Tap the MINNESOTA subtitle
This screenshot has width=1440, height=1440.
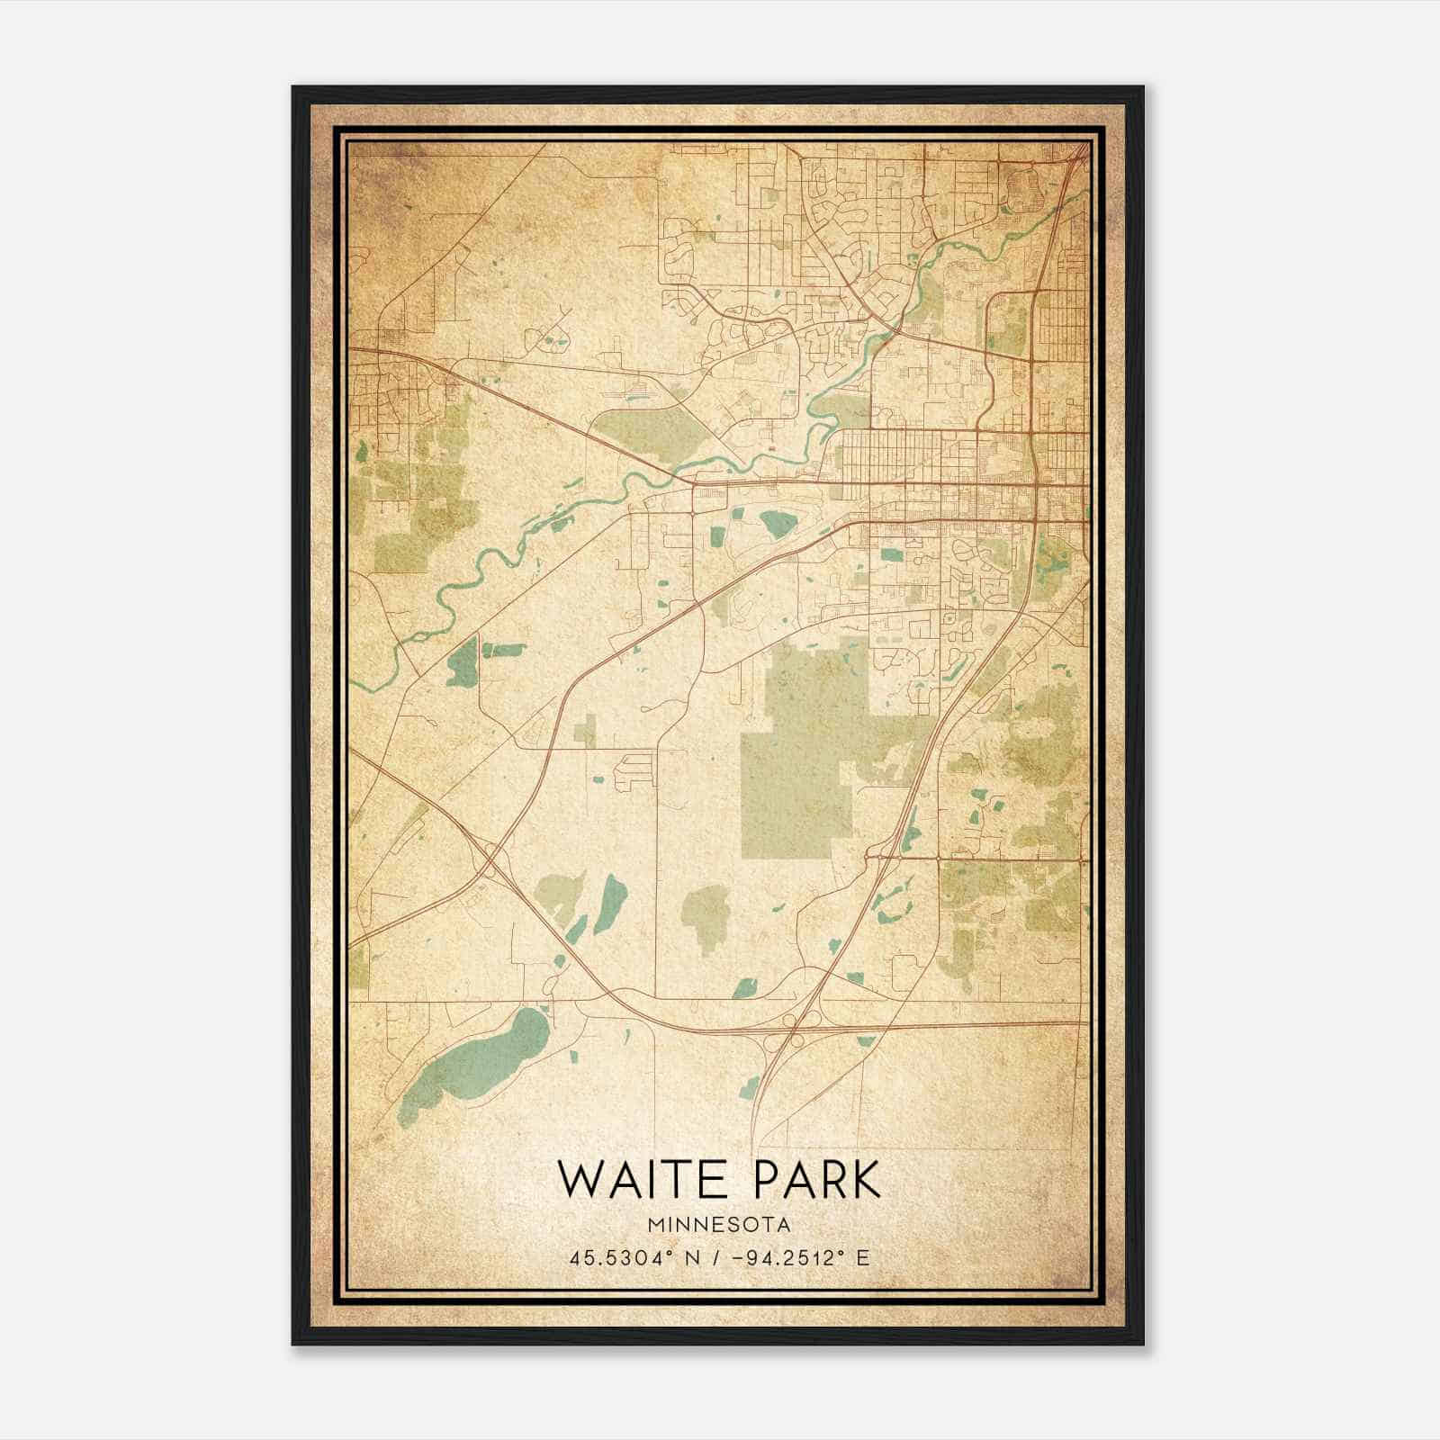[719, 1226]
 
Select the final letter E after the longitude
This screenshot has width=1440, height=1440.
[863, 1258]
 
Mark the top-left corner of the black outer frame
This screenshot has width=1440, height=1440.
[293, 87]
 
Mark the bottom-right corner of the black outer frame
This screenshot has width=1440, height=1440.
[1143, 1344]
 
